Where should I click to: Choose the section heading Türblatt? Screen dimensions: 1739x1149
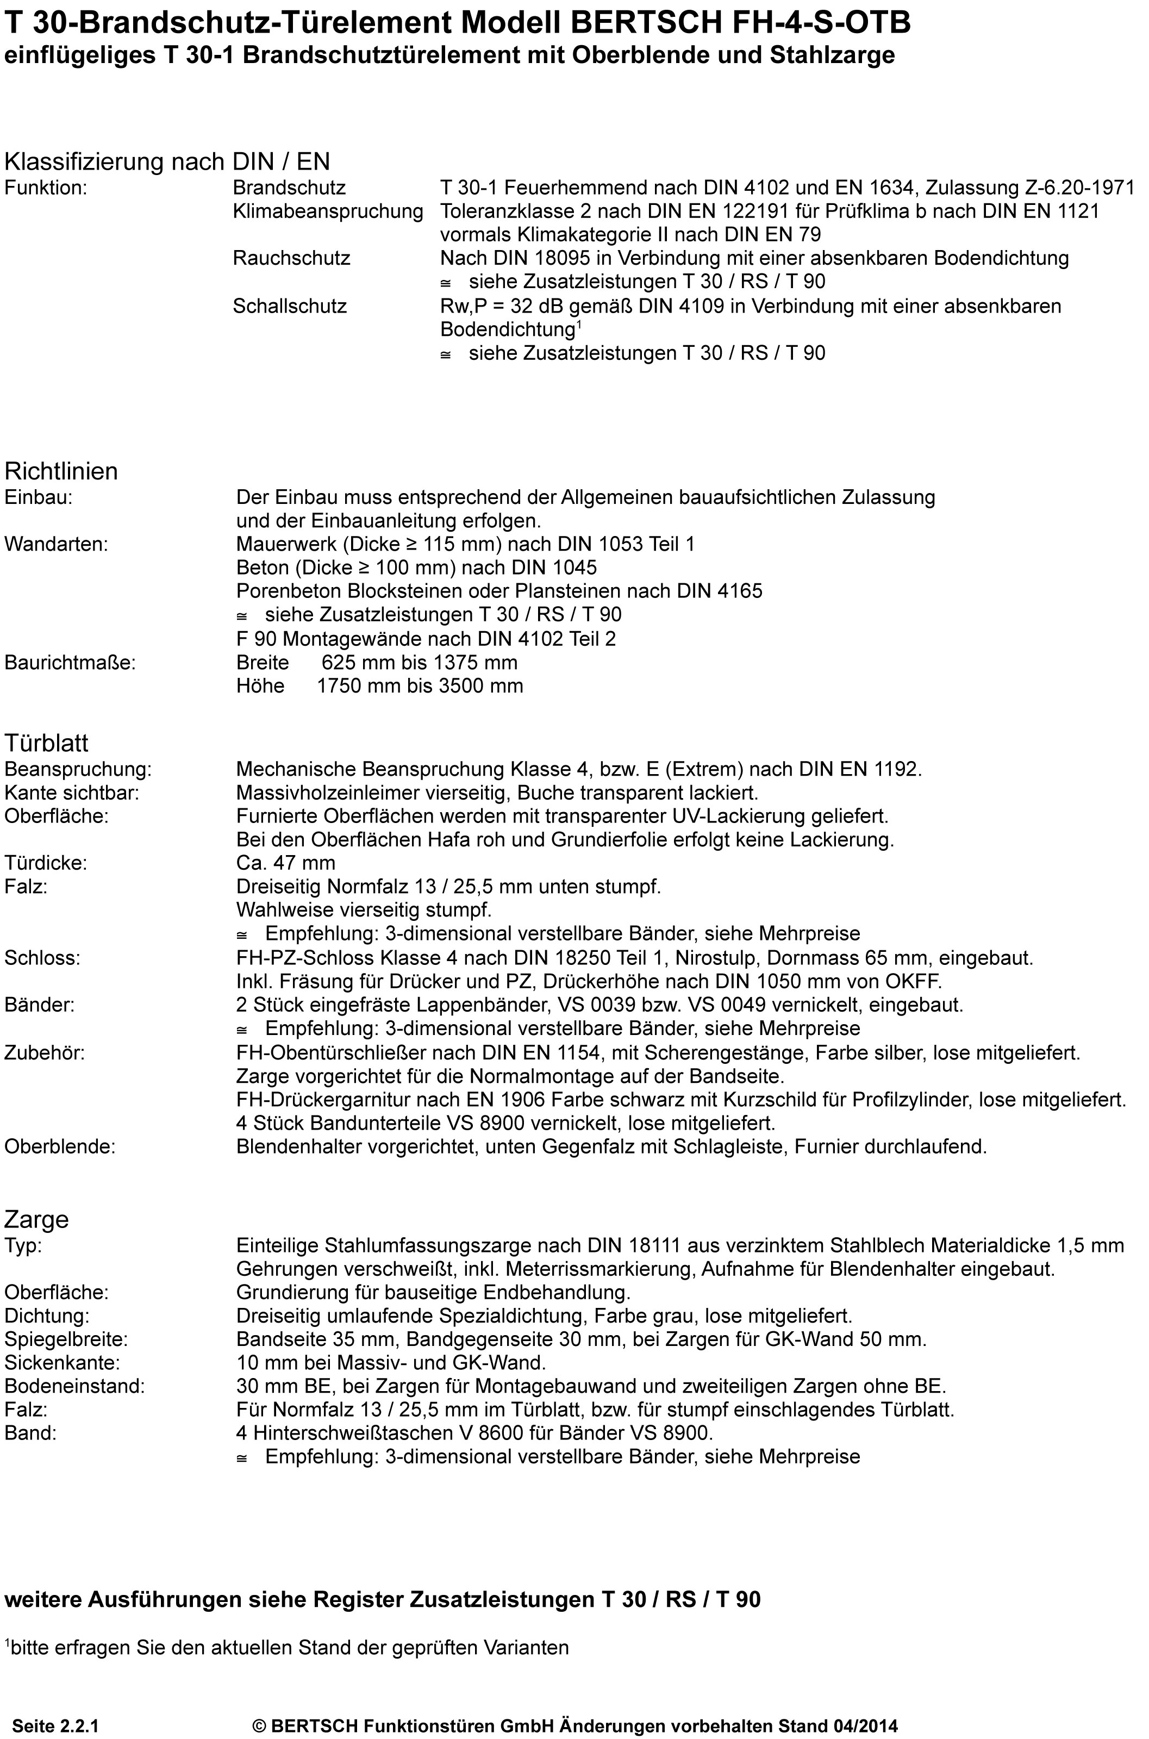[x=46, y=743]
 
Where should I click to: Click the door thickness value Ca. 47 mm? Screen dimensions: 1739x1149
[x=286, y=863]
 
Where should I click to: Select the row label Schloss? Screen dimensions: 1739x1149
[x=42, y=957]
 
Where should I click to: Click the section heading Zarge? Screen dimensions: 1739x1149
[x=36, y=1219]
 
